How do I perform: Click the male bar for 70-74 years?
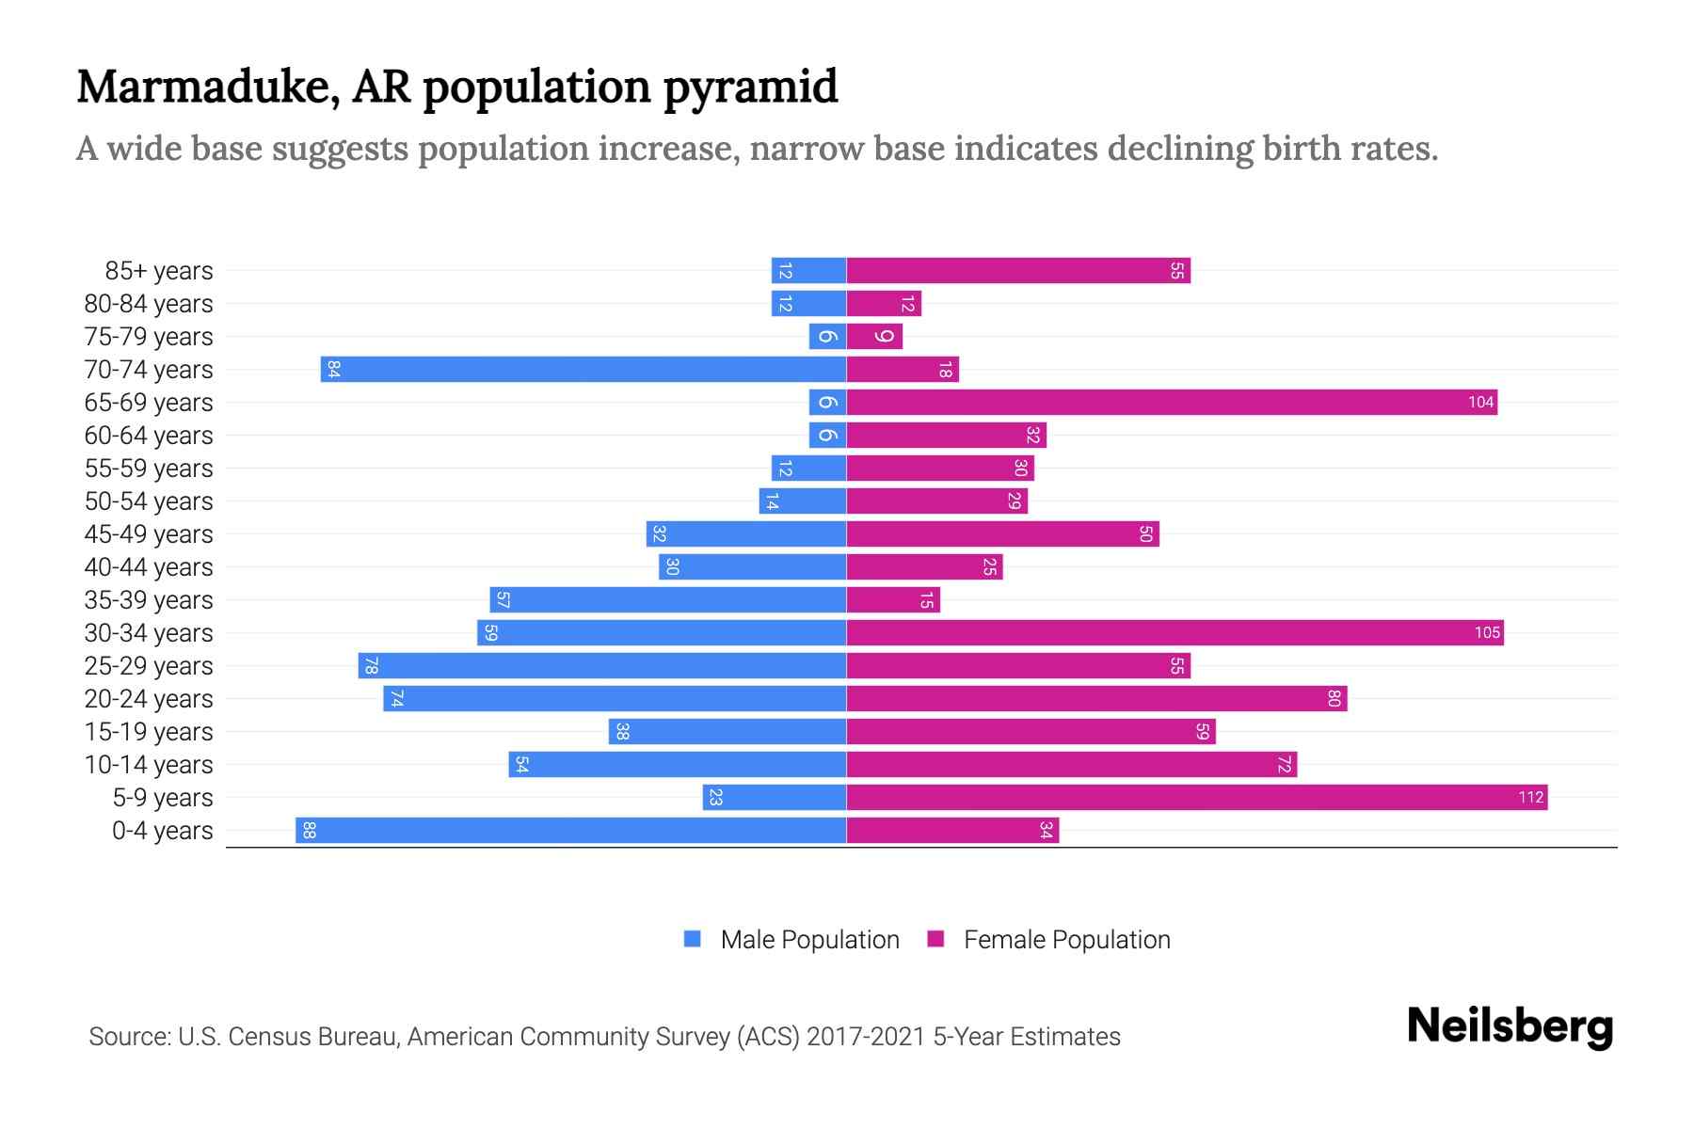(x=583, y=369)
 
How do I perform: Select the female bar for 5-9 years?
(x=1195, y=798)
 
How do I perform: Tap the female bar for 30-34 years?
(x=1175, y=632)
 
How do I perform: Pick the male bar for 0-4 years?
(x=571, y=830)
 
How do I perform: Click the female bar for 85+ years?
(x=1018, y=271)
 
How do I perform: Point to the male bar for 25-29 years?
(x=602, y=666)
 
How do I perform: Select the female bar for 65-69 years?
(x=1172, y=403)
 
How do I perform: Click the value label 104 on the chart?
(x=1480, y=403)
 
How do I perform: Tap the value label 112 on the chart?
(x=1530, y=798)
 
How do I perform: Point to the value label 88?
(x=309, y=830)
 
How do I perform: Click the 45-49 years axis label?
(x=149, y=534)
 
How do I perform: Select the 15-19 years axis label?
(x=149, y=732)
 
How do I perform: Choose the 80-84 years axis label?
(x=149, y=304)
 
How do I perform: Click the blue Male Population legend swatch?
(x=693, y=939)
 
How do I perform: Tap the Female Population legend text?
(x=1066, y=940)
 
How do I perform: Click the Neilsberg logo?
(x=1510, y=1026)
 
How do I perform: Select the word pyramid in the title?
(x=750, y=88)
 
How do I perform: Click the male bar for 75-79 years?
(x=827, y=337)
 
